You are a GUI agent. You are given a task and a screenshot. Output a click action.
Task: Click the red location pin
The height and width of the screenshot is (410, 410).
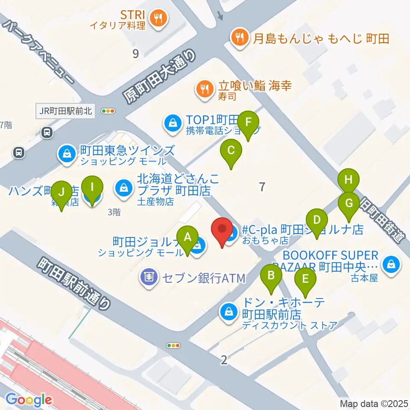click(x=222, y=231)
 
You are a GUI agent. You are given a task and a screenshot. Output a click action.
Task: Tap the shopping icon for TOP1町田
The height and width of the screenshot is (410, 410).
click(x=172, y=123)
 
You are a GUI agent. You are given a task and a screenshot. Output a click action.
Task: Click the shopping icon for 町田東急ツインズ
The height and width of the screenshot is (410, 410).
click(x=67, y=153)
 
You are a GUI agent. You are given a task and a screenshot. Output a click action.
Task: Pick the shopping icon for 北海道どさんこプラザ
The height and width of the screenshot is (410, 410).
click(x=123, y=187)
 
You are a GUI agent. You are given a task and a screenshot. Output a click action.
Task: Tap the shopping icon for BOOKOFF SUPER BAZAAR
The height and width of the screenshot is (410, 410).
click(x=391, y=264)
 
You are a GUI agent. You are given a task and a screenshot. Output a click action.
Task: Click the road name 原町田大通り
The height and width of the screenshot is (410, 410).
click(x=160, y=76)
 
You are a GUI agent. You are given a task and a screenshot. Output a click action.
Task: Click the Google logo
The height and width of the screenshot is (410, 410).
click(x=29, y=400)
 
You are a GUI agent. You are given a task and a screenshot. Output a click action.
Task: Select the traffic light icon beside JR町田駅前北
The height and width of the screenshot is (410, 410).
click(x=108, y=111)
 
